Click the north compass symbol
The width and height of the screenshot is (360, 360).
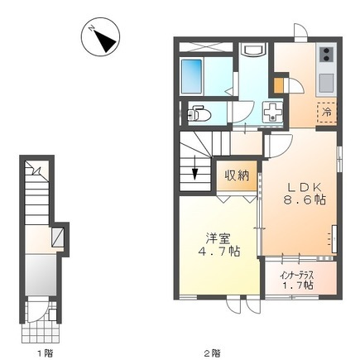100,38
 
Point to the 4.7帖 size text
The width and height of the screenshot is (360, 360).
218,251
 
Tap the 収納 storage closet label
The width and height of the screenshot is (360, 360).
238,175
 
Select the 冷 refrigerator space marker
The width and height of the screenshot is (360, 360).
327,112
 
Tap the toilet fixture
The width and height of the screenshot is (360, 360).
199,113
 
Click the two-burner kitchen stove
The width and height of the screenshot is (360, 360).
325,55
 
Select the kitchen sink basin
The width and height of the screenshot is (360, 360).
325,82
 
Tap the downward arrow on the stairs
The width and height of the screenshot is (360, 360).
194,174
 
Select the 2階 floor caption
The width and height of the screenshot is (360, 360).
215,353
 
